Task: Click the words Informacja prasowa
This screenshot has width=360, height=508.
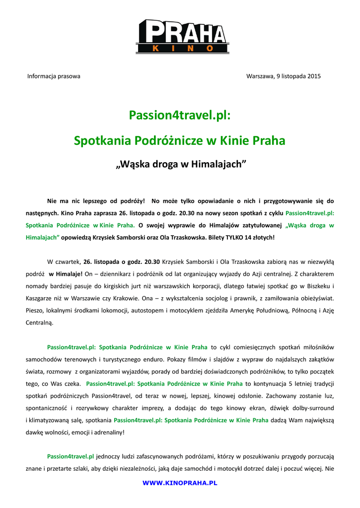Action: [x=54, y=76]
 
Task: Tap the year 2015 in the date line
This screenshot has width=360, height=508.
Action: [x=314, y=76]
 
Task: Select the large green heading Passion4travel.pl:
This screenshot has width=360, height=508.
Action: [x=180, y=115]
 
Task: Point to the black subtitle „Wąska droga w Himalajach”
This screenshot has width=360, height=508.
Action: [x=180, y=164]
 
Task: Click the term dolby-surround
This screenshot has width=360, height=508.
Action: [x=311, y=408]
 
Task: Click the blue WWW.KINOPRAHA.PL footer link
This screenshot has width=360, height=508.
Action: [x=180, y=483]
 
